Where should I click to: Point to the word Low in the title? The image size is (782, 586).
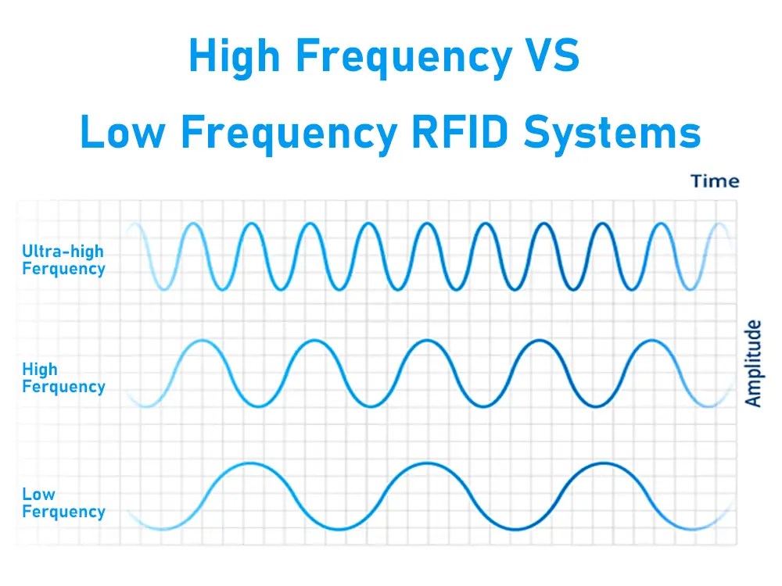[124, 133]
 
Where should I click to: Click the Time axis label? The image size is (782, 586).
[714, 181]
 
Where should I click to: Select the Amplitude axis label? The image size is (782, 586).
[753, 363]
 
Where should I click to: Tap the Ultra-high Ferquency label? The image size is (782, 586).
[63, 260]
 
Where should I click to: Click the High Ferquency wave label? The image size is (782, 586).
[63, 377]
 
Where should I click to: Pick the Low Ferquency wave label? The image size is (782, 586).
[63, 502]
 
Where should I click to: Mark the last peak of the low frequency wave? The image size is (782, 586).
[602, 464]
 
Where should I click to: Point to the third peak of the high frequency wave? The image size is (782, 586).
[426, 341]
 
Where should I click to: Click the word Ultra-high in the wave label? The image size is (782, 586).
[63, 252]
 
